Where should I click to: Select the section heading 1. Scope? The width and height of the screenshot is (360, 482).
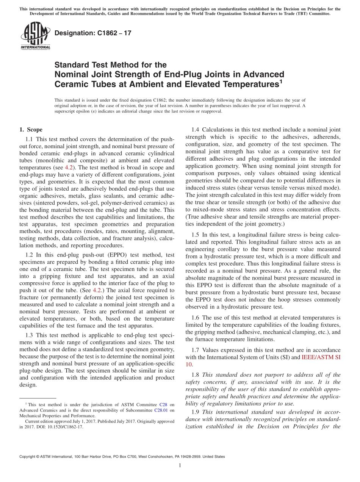tap(31, 130)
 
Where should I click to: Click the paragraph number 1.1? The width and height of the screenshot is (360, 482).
tap(29, 139)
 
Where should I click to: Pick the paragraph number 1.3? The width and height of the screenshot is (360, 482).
tap(29, 335)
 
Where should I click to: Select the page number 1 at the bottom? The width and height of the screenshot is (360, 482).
tap(180, 465)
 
